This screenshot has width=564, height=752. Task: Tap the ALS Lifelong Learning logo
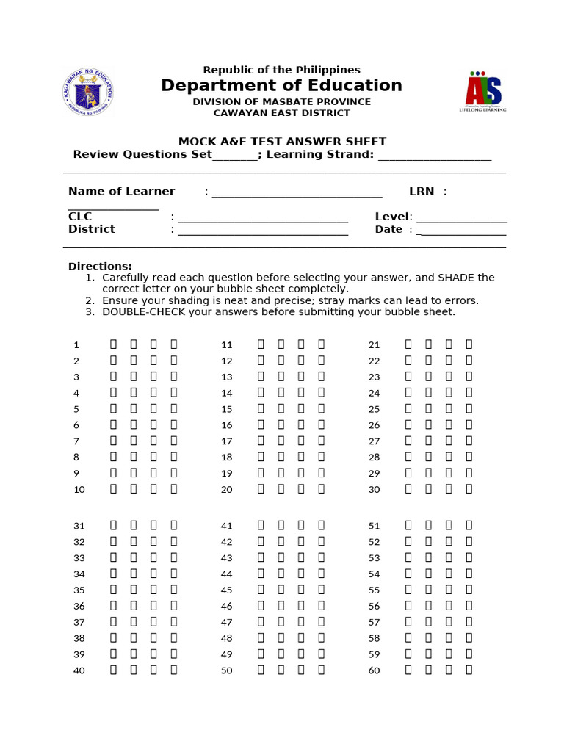click(483, 91)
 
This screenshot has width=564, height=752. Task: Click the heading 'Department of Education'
click(282, 86)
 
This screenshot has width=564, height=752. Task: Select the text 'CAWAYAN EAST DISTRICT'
click(282, 113)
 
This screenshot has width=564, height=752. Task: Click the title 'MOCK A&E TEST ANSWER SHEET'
click(283, 142)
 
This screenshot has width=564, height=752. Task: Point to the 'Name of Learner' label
click(121, 192)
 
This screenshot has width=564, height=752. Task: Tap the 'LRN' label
click(422, 192)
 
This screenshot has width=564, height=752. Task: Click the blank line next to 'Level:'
click(462, 217)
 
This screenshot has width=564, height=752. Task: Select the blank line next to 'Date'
click(462, 230)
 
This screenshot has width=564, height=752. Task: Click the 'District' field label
click(92, 229)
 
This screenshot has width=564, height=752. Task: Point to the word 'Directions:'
click(100, 266)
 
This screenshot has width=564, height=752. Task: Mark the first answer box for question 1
click(114, 344)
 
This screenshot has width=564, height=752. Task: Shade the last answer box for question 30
click(469, 488)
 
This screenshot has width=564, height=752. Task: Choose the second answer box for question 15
click(281, 408)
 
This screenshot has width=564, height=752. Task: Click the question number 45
click(226, 590)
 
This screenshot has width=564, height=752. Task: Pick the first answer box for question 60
click(408, 670)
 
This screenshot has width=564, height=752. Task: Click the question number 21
click(375, 344)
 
